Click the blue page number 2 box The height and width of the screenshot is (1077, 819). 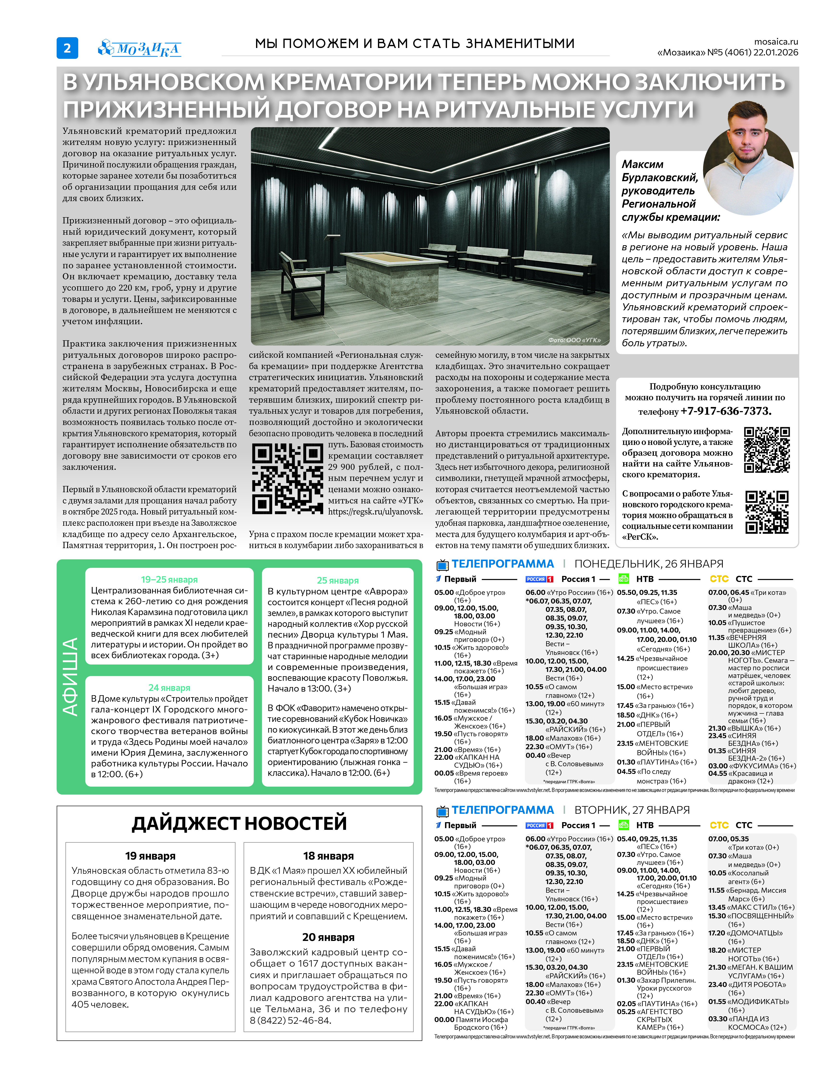point(67,48)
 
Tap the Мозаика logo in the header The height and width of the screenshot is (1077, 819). point(140,48)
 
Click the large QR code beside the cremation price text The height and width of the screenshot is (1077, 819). point(287,478)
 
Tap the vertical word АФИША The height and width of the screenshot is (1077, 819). point(71,677)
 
